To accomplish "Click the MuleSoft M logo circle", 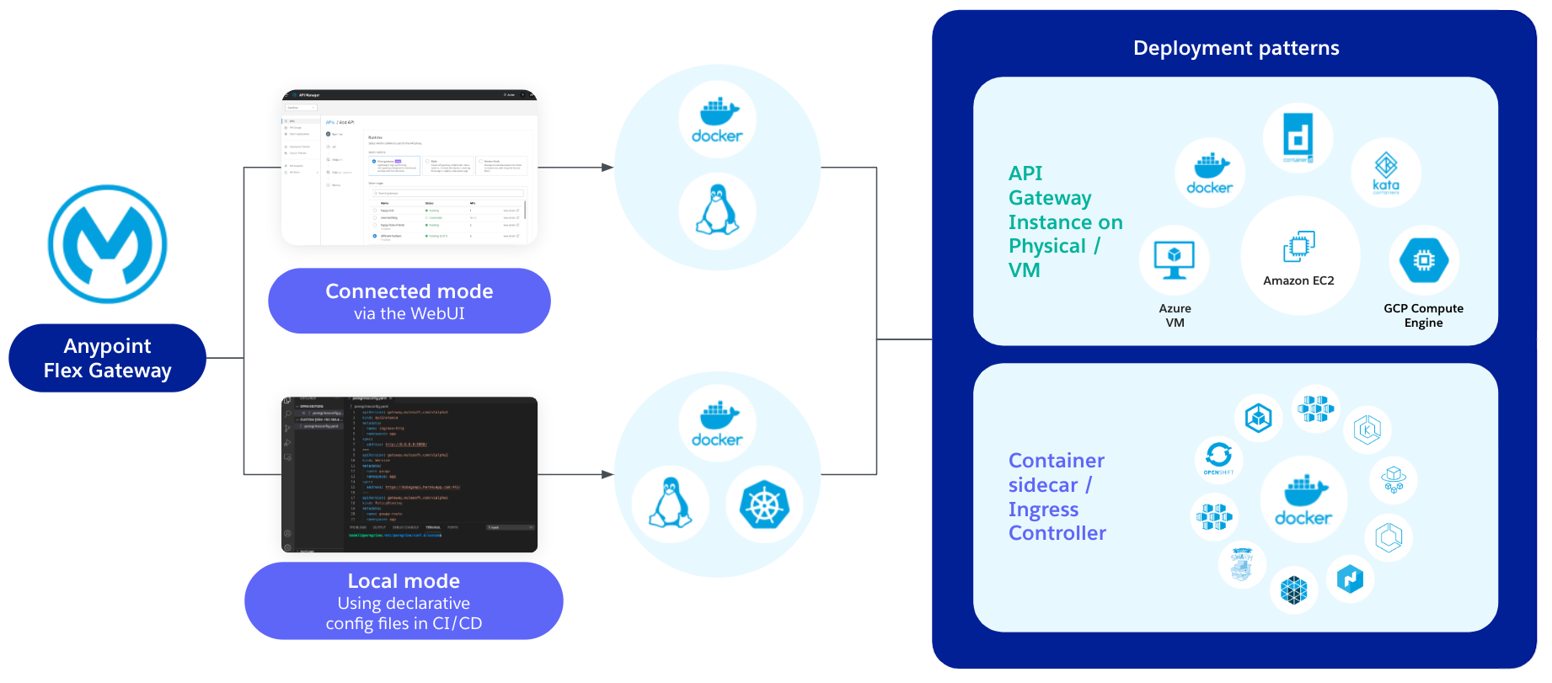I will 108,244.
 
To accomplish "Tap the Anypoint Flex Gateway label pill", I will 107,358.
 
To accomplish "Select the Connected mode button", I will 409,301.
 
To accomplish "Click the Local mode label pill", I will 404,600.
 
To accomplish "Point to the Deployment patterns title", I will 1235,48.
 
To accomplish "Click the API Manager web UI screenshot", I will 409,168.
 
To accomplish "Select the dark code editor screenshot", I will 409,474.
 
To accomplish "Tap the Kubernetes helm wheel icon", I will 764,504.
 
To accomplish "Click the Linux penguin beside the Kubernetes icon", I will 671,503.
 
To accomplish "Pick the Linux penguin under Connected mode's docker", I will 717,211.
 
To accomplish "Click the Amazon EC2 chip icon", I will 1298,247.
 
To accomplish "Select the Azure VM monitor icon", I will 1174,260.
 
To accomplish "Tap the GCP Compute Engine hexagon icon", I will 1423,260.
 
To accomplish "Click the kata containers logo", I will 1385,173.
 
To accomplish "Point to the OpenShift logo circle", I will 1218,458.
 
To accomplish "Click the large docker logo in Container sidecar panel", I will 1303,500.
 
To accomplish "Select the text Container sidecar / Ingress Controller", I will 1057,497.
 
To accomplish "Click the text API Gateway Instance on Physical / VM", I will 1064,221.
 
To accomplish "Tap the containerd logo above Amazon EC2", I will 1298,136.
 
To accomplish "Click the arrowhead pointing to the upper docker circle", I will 607,168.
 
